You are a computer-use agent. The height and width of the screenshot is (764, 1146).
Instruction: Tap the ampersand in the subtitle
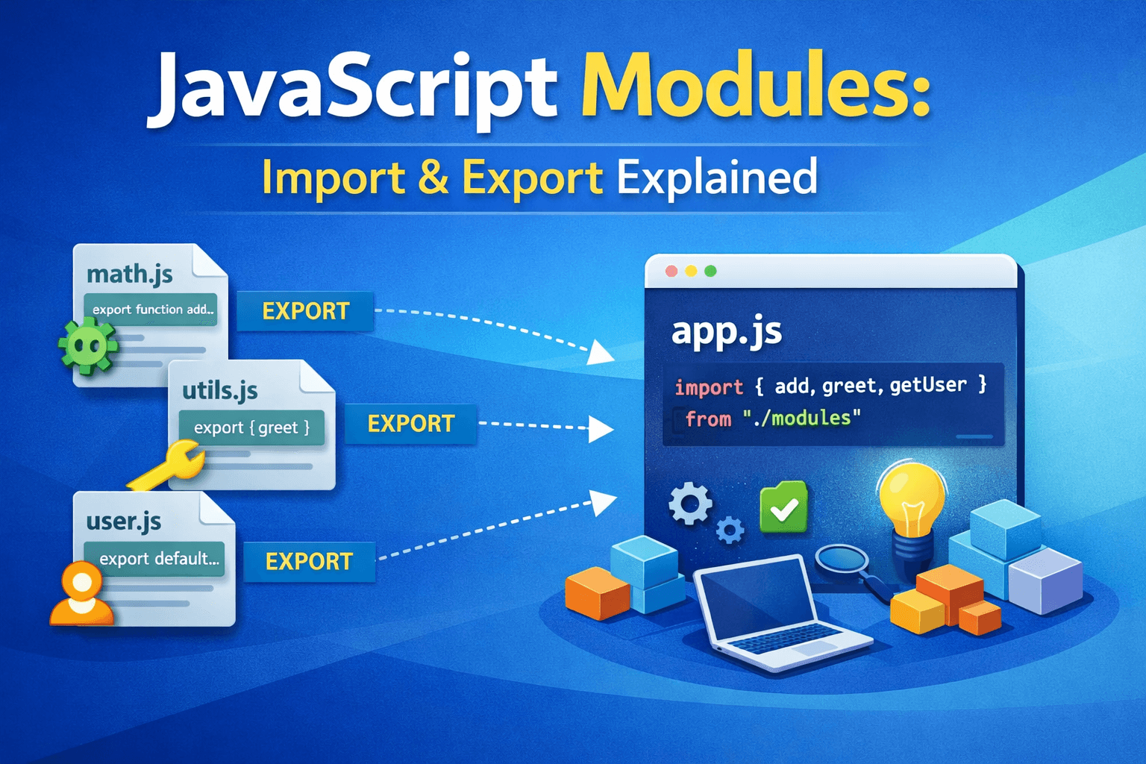coord(433,177)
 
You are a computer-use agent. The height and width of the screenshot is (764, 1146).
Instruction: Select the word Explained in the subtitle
coord(717,177)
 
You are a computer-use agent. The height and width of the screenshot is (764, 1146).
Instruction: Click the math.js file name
coord(129,274)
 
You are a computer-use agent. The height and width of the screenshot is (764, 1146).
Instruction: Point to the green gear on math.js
coord(87,346)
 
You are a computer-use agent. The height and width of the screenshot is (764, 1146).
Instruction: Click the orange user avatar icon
coord(81,594)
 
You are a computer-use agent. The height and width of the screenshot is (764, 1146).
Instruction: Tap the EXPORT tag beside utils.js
coord(411,424)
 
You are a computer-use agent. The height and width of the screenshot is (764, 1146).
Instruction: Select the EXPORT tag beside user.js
coord(309,561)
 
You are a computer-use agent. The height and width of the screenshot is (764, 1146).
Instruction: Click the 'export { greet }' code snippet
coord(251,428)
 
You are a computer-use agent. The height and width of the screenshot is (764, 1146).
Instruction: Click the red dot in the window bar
coord(671,271)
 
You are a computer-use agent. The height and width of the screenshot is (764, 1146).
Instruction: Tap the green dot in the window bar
coord(710,271)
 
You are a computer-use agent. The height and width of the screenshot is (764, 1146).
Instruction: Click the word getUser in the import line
coord(928,385)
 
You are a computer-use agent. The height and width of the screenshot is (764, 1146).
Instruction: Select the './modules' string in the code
coord(802,418)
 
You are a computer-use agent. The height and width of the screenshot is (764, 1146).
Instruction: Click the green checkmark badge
coord(784,507)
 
